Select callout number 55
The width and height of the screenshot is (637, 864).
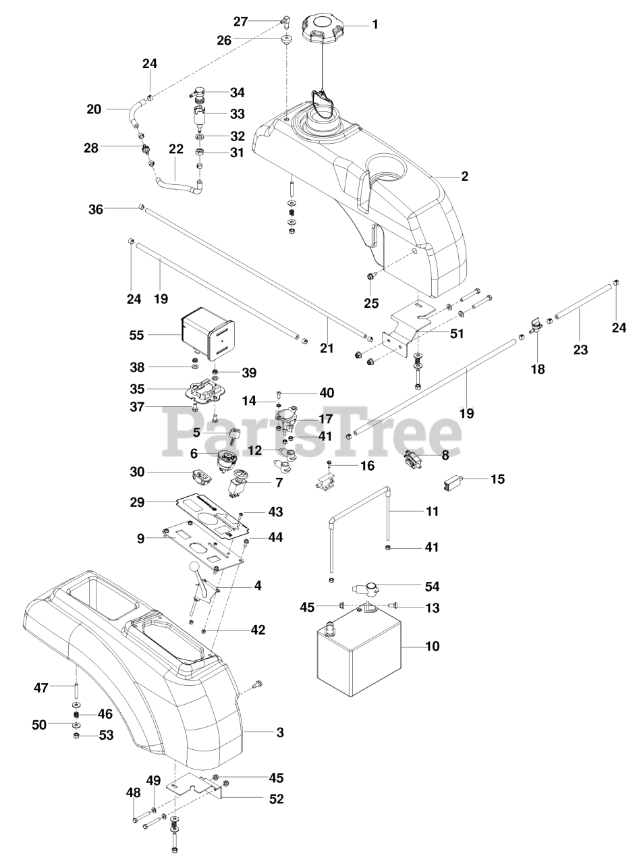[136, 335]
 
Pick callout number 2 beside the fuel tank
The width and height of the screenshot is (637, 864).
[465, 176]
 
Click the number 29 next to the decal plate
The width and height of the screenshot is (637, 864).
[137, 502]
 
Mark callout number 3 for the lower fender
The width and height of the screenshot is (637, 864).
[280, 732]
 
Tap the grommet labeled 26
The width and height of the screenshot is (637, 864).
[286, 40]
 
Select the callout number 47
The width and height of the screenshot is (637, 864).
[41, 687]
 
